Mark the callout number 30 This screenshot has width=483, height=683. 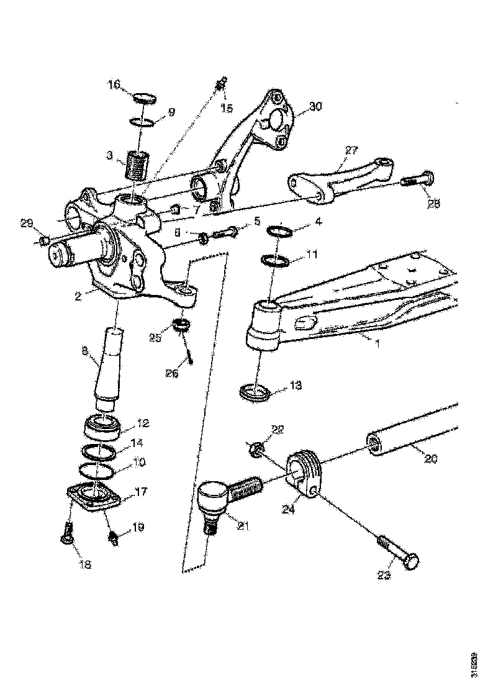point(315,107)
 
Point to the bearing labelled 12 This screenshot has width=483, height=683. point(101,427)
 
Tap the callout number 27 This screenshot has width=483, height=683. point(351,151)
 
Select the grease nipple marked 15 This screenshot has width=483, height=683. point(222,83)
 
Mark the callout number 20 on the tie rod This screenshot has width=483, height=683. point(431,459)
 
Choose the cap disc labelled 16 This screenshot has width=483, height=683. point(145,97)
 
